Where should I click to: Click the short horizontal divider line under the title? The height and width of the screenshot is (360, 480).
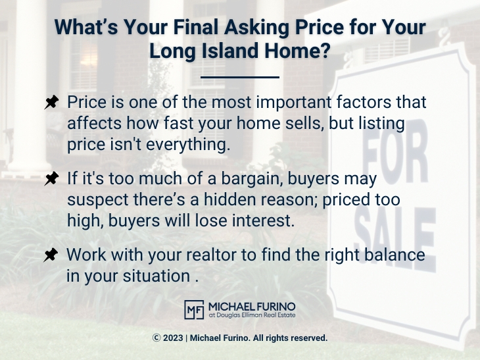pyautogui.click(x=239, y=77)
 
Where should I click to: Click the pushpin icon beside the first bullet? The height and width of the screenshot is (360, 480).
pyautogui.click(x=51, y=103)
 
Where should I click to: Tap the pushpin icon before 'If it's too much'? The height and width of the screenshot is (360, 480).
pyautogui.click(x=51, y=179)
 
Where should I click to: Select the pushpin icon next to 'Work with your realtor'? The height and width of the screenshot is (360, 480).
pyautogui.click(x=51, y=255)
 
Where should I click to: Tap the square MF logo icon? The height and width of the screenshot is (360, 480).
pyautogui.click(x=193, y=310)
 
